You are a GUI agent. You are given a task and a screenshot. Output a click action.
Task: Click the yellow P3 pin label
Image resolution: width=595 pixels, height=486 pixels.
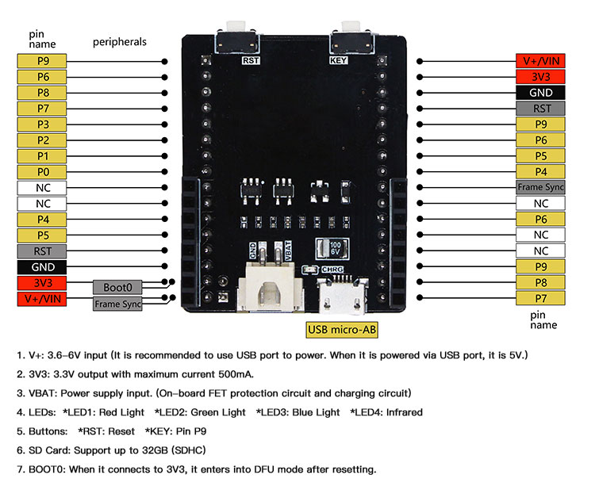coord(43,124)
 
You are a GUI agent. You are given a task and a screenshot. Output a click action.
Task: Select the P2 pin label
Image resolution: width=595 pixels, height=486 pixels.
coord(43,140)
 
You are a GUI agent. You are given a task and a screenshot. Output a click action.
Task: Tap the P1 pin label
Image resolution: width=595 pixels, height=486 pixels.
coord(43,156)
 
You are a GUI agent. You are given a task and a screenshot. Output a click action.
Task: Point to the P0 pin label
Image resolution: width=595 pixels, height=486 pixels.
coord(43,172)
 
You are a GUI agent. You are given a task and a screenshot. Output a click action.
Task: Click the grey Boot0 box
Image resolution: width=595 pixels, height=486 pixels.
coord(117,287)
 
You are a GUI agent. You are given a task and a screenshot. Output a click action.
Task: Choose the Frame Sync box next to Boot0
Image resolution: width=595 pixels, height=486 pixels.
coord(117,303)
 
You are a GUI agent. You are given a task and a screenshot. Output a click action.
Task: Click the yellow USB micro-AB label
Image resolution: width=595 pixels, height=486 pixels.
coord(343,329)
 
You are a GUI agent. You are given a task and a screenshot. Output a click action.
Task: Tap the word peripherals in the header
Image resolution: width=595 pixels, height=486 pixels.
coord(120,42)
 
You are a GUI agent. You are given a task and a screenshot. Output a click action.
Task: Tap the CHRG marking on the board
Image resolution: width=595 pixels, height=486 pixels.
coord(332,270)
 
